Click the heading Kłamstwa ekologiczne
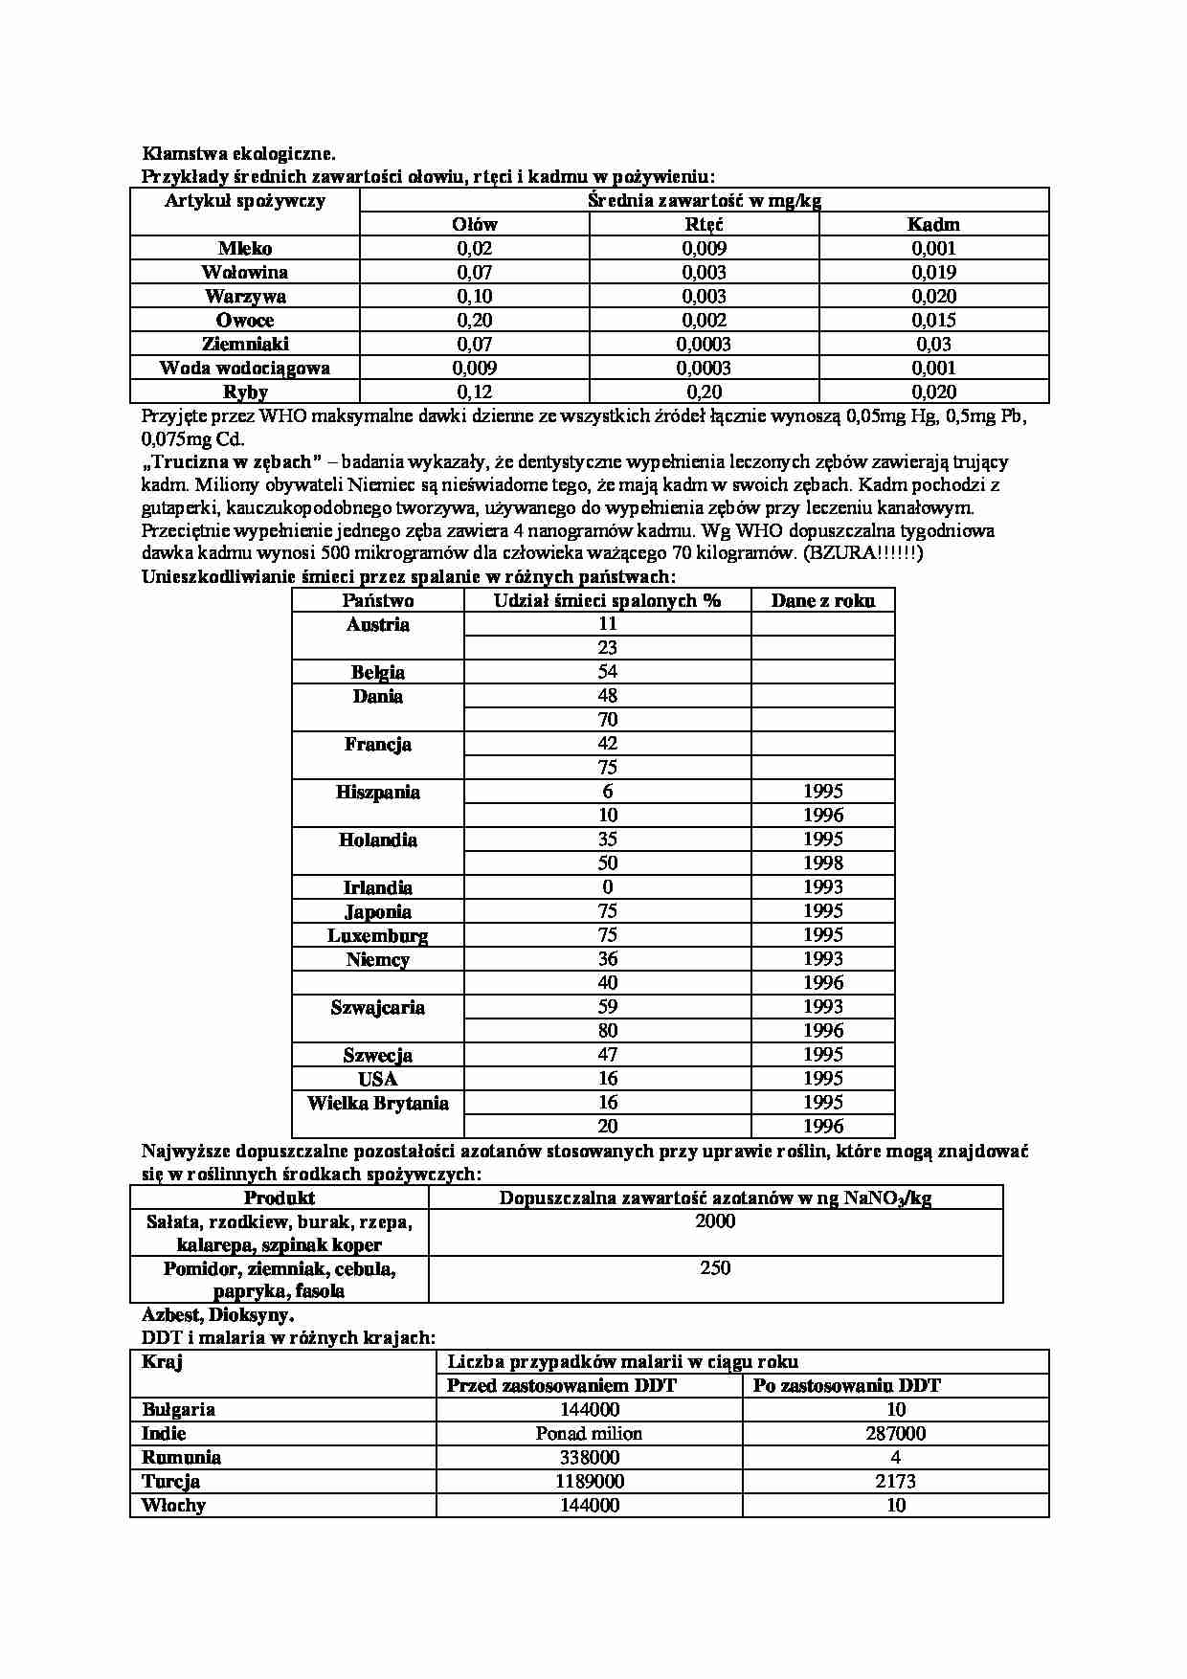click(x=238, y=153)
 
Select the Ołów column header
click(x=474, y=225)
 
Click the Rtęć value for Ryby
click(x=704, y=392)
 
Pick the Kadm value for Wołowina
click(x=933, y=273)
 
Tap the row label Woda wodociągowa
click(x=245, y=369)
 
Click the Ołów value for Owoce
click(x=474, y=321)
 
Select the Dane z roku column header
click(x=822, y=601)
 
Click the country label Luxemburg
click(x=377, y=936)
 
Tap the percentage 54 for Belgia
click(x=607, y=672)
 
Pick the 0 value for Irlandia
click(x=607, y=887)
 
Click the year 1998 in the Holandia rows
click(x=822, y=863)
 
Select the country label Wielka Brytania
click(x=377, y=1104)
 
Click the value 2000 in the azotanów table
click(x=715, y=1221)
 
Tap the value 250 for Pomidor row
click(x=715, y=1269)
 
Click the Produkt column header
click(x=279, y=1198)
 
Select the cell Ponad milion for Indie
click(x=589, y=1434)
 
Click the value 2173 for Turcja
click(x=895, y=1482)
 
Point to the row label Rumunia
click(x=181, y=1458)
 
